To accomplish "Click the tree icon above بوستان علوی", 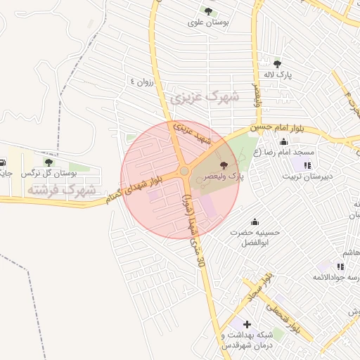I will point(208,11).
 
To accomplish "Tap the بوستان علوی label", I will point(210,22).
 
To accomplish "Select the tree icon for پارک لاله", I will point(277,63).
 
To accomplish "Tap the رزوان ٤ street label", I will point(141,82).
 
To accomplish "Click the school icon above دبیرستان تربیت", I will point(307,165).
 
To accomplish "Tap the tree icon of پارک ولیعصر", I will point(224,165).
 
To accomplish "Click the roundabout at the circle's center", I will point(184,171).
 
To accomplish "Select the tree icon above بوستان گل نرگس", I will point(49,162).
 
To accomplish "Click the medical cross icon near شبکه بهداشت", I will point(247,324).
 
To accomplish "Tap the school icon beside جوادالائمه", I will point(341,266).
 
